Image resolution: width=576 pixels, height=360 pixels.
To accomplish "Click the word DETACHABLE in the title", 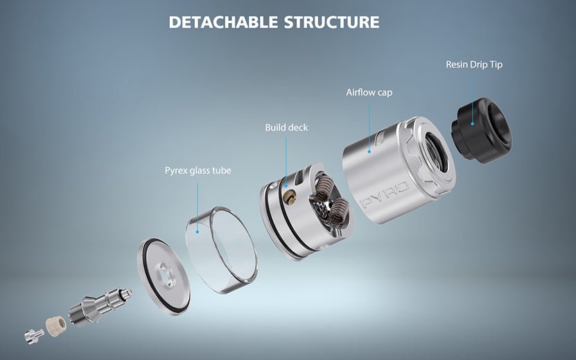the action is [x=223, y=22].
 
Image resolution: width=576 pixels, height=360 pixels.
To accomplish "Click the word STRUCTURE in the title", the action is [x=332, y=22].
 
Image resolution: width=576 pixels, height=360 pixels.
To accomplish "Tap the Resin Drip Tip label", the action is [x=474, y=65].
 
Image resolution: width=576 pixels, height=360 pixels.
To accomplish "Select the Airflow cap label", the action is [x=369, y=92].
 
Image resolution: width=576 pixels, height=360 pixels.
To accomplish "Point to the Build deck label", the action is [x=286, y=128].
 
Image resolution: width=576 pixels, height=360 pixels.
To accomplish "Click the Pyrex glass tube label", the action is [x=198, y=171].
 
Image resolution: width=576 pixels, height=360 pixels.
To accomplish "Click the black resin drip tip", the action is [x=481, y=130].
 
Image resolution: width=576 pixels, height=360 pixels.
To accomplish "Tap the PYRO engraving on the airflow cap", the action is [x=385, y=195].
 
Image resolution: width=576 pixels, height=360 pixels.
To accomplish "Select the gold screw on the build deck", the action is [x=291, y=196].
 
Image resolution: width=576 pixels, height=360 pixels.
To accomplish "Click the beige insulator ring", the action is [x=56, y=324].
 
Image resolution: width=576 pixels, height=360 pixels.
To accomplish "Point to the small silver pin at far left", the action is [x=34, y=336].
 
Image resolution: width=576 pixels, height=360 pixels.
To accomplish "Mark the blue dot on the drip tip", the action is [x=473, y=123].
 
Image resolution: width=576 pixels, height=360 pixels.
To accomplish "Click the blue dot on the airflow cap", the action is [x=369, y=151].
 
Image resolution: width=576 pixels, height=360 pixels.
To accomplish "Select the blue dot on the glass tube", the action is [x=198, y=232].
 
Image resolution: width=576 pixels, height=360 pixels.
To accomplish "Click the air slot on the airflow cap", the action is [x=381, y=137].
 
